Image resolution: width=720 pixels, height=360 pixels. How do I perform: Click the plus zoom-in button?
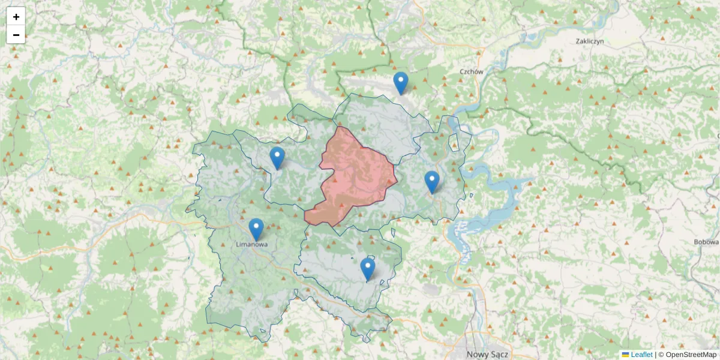pos(16,17)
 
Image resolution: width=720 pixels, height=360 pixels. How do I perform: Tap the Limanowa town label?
pos(252,245)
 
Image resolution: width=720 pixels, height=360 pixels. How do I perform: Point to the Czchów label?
pos(471,71)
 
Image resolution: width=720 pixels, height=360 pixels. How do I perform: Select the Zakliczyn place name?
pos(589,41)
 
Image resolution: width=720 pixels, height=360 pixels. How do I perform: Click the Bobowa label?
pos(706,242)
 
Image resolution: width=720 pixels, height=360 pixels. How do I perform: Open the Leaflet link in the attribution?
pos(641,355)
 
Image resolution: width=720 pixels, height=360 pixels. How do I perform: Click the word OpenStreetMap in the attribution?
pos(691,355)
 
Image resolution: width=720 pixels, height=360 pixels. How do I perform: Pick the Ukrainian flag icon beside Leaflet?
pos(625,355)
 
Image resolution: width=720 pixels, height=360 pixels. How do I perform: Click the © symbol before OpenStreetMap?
pos(661,355)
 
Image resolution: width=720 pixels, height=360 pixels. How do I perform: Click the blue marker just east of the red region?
pos(432,182)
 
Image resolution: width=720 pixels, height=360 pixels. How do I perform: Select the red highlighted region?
pos(357,177)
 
